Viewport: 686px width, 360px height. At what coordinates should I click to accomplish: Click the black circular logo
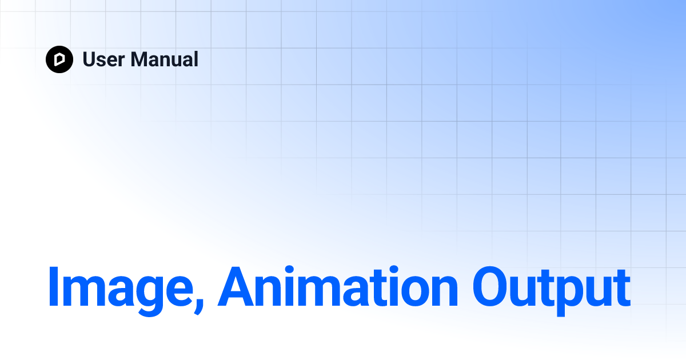pos(59,59)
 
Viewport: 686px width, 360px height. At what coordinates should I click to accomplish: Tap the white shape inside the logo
pos(59,59)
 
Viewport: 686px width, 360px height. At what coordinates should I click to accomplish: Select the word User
pos(103,59)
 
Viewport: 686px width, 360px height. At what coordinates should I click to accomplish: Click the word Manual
pos(165,59)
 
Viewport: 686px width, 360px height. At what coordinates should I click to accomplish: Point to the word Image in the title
pos(121,290)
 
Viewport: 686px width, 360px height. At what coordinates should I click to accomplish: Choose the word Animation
pos(337,286)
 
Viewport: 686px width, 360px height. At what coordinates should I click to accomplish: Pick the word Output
pos(552,291)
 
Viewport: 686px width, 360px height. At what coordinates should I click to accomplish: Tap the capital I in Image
pos(53,286)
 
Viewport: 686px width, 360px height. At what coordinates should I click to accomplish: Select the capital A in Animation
pos(236,286)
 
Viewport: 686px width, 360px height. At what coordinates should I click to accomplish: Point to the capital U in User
pos(90,59)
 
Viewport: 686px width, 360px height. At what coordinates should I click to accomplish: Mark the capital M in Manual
pos(139,59)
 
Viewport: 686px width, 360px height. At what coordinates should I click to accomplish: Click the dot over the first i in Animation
pos(289,269)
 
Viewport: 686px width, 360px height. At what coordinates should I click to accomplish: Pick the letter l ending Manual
pos(196,59)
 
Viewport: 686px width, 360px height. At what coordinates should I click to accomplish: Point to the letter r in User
pos(121,61)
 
